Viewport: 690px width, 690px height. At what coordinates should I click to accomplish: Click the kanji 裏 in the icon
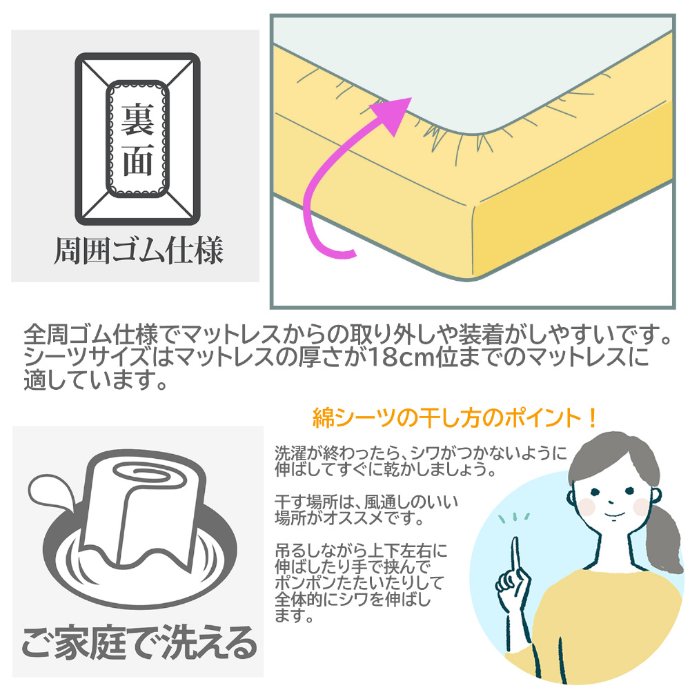[x=137, y=119]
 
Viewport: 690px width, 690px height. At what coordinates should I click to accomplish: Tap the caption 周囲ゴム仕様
[x=138, y=251]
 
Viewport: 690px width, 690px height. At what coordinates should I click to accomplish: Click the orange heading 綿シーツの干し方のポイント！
[x=455, y=417]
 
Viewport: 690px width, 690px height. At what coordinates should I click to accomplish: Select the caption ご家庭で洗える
[x=139, y=643]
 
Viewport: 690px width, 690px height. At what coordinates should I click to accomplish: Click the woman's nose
[x=611, y=501]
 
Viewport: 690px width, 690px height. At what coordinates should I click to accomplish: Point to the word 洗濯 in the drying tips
[x=290, y=453]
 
